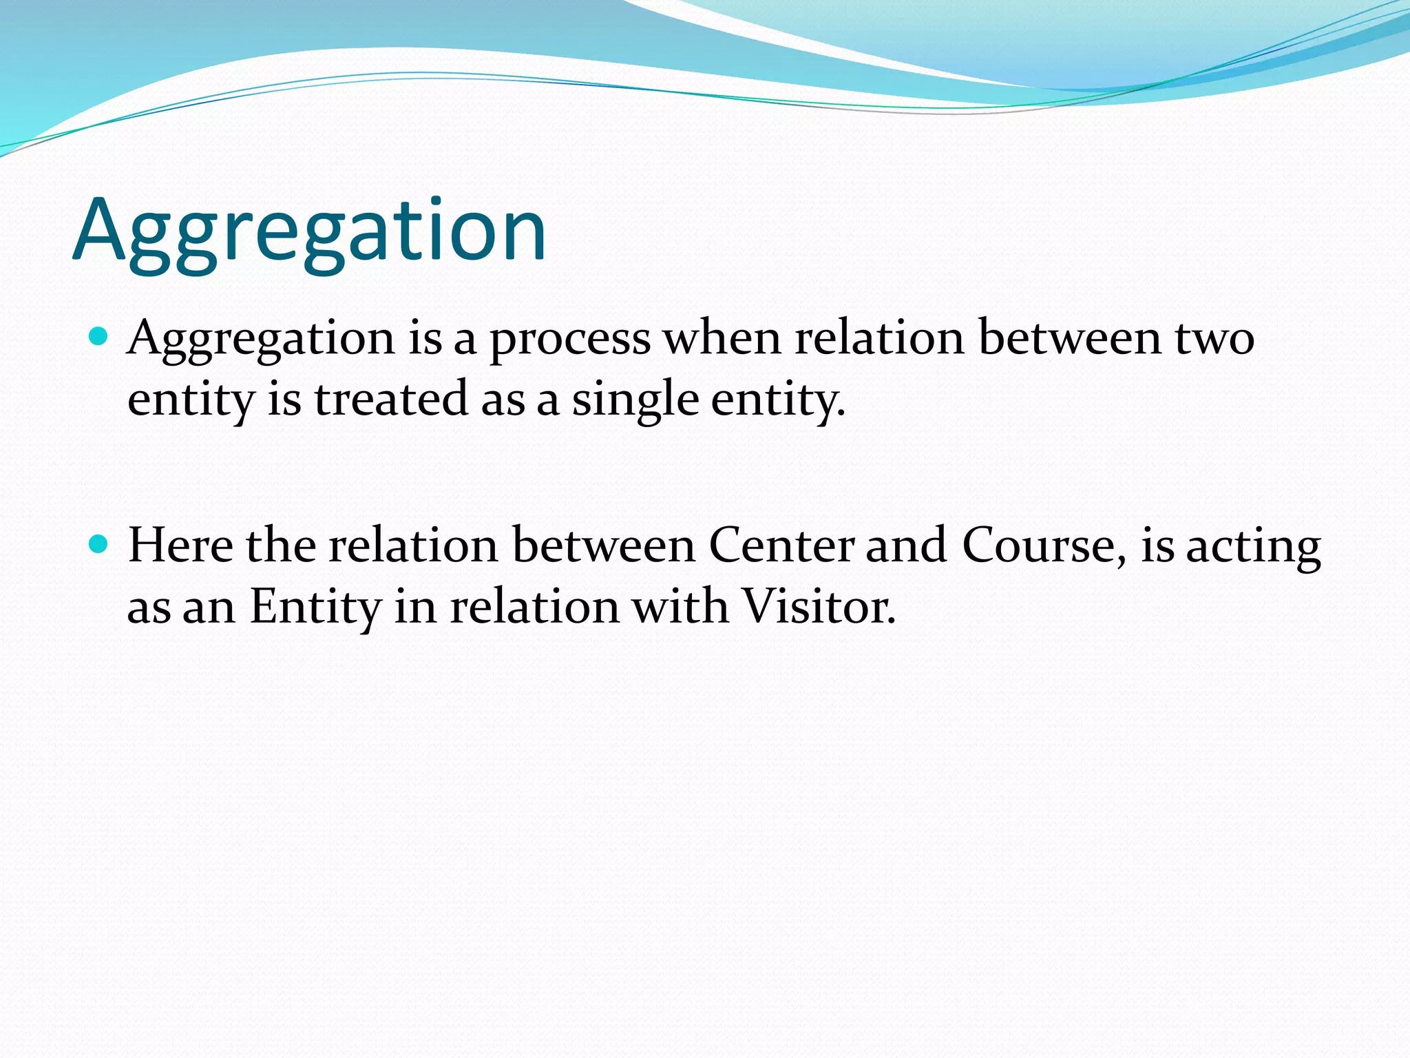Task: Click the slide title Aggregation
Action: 310,231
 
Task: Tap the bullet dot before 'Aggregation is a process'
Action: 100,337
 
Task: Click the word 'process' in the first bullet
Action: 569,340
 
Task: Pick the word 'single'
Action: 635,400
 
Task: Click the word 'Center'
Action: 781,546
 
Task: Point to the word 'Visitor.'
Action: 819,607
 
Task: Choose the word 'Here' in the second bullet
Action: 180,546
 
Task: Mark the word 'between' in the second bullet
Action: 604,546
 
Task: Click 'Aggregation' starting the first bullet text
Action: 262,340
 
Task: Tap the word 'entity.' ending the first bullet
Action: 777,400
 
